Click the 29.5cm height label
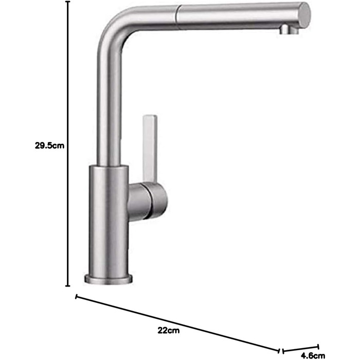pyautogui.click(x=49, y=146)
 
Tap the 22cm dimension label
pyautogui.click(x=169, y=330)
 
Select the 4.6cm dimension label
pyautogui.click(x=313, y=356)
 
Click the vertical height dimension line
pyautogui.click(x=68, y=143)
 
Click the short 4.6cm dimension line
pyautogui.click(x=300, y=349)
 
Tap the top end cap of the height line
pyautogui.click(x=68, y=2)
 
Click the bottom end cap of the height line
pyautogui.click(x=68, y=286)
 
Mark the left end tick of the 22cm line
pyautogui.click(x=77, y=297)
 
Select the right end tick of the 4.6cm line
pyautogui.click(x=318, y=347)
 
